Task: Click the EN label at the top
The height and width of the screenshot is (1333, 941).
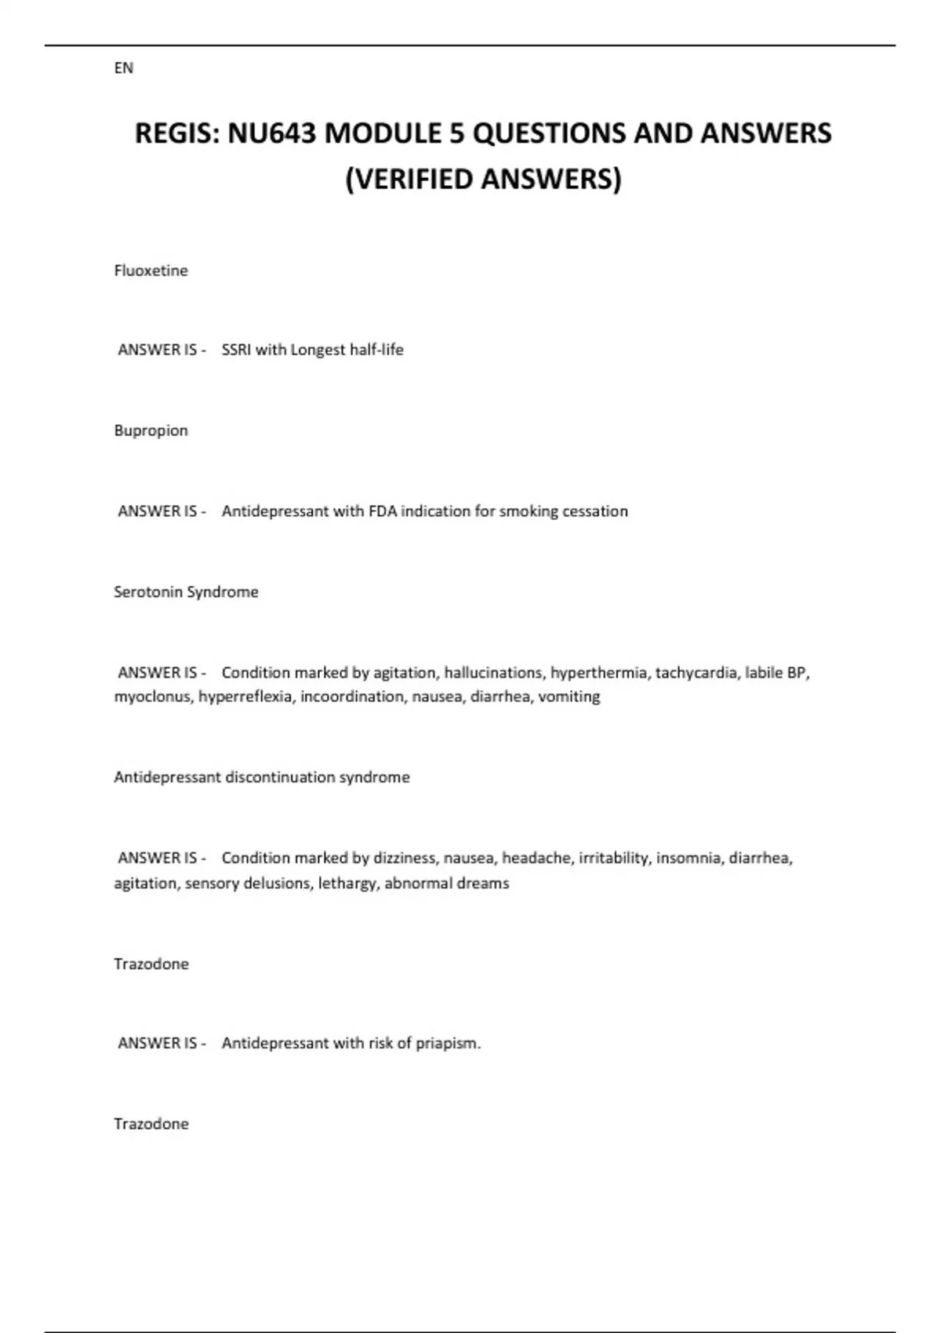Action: click(x=123, y=68)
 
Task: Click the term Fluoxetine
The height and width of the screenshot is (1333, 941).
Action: click(x=151, y=271)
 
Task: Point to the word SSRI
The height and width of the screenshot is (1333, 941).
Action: click(x=236, y=350)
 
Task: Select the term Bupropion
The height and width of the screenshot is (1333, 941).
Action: click(x=151, y=430)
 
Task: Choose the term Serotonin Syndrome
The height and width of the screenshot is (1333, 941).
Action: click(x=186, y=592)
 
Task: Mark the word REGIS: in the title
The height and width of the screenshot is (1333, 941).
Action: click(x=178, y=133)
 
